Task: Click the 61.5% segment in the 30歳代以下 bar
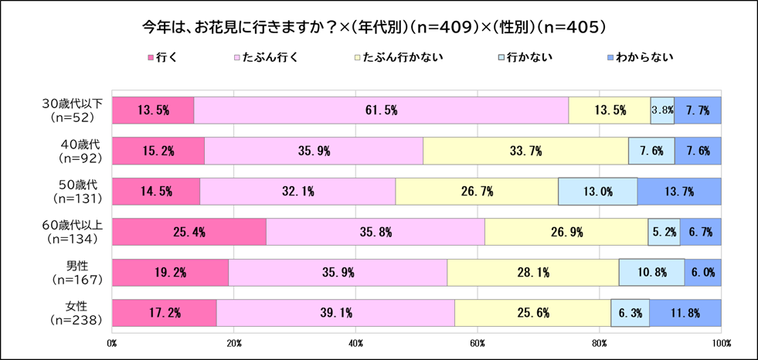(x=381, y=110)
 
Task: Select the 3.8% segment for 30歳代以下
(x=662, y=110)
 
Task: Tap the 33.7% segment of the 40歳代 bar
(x=525, y=151)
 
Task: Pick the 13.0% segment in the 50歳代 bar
(x=598, y=191)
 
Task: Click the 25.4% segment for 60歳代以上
(x=189, y=232)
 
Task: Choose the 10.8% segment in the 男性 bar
(x=651, y=272)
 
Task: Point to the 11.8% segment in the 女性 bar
(x=685, y=312)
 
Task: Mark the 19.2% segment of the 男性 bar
(x=171, y=272)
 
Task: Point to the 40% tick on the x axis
(x=356, y=341)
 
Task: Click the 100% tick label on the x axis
(x=721, y=341)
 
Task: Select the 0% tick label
(x=112, y=341)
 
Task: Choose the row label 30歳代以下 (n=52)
(x=71, y=110)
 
